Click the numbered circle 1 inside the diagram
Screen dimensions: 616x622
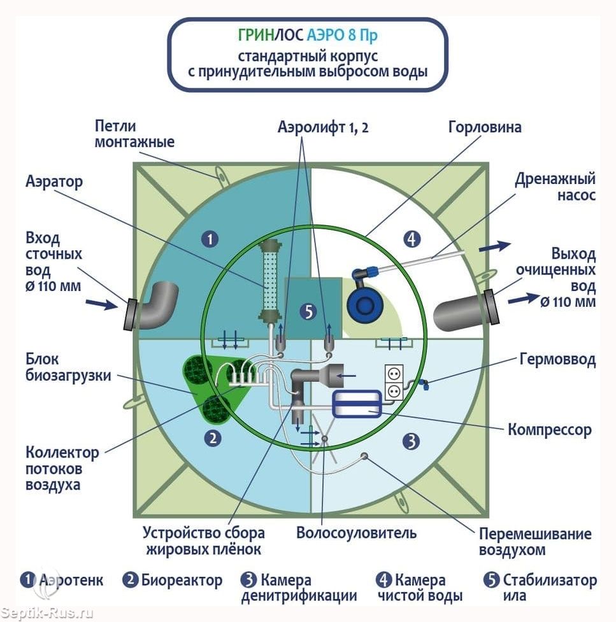210,239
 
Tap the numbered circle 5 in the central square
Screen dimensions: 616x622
308,312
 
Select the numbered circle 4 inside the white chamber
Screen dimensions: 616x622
412,239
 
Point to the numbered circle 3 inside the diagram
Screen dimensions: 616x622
411,441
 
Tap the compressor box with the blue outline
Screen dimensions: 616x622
357,404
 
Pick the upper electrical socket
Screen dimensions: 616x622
394,374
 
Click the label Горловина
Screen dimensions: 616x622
485,127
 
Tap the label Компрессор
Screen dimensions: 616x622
550,430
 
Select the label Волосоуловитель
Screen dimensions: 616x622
357,533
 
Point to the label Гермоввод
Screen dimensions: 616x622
557,360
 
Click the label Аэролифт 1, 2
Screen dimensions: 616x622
323,127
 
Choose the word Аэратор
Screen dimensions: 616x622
54,181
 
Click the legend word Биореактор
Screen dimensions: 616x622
182,581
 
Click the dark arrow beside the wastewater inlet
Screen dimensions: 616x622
102,304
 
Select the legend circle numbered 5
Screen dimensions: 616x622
491,580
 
